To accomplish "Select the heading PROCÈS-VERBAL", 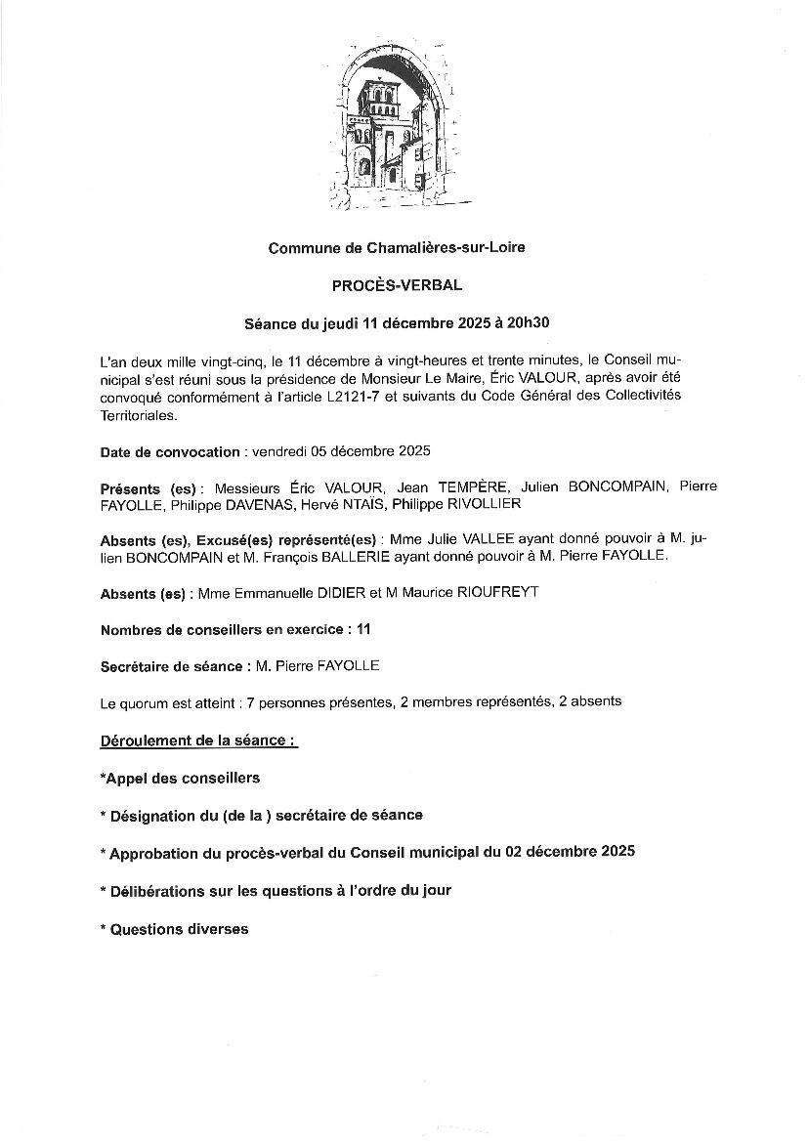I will click(x=397, y=285).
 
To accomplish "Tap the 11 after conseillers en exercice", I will click(x=363, y=630).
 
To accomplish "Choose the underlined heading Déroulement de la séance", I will click(x=198, y=740).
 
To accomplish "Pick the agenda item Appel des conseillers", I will click(x=181, y=778).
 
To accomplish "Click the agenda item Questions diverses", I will click(x=177, y=929).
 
